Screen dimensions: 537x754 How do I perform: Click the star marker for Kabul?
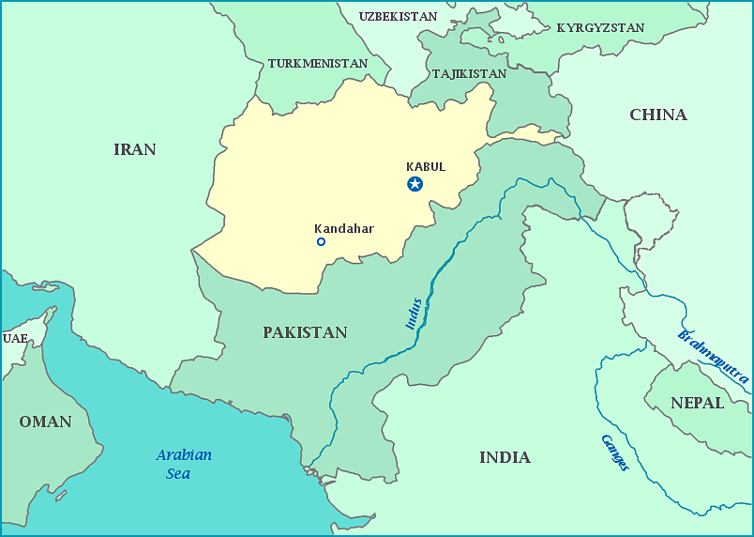pos(415,184)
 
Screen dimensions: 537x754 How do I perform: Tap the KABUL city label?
pos(426,167)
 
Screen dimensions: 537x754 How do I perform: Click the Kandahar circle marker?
pos(321,242)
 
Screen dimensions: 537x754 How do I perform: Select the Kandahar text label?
pos(344,228)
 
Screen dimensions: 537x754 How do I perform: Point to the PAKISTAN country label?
pos(305,332)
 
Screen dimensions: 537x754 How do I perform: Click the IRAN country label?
pos(135,149)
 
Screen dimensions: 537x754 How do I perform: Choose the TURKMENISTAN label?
pos(318,64)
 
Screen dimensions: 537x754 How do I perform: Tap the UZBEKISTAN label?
pos(399,17)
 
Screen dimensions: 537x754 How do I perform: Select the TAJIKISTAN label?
pos(469,73)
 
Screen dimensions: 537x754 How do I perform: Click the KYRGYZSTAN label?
pos(600,28)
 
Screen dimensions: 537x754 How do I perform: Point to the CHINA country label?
pos(658,115)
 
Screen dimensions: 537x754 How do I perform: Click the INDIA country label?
pos(505,457)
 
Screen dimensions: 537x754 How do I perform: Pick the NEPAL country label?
pos(697,403)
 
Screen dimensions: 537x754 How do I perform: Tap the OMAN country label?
pos(45,422)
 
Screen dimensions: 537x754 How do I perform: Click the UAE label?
pos(15,338)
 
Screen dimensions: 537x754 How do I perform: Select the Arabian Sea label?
pos(183,464)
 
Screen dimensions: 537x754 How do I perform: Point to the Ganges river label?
pos(615,453)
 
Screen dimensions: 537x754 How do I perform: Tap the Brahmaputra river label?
pos(713,358)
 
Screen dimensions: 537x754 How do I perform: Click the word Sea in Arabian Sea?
pos(178,474)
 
